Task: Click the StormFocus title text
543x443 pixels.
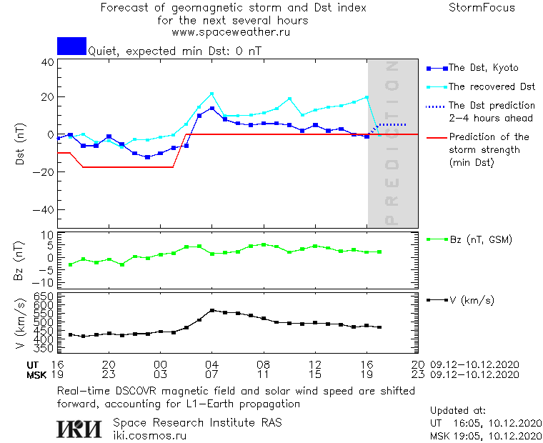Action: (482, 8)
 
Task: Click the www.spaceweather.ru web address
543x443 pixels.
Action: (231, 32)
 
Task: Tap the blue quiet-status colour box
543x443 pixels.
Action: (71, 46)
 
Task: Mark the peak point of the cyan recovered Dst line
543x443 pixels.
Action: (211, 94)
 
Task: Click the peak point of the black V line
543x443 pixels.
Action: (211, 310)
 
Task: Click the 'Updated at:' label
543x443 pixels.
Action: (458, 411)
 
